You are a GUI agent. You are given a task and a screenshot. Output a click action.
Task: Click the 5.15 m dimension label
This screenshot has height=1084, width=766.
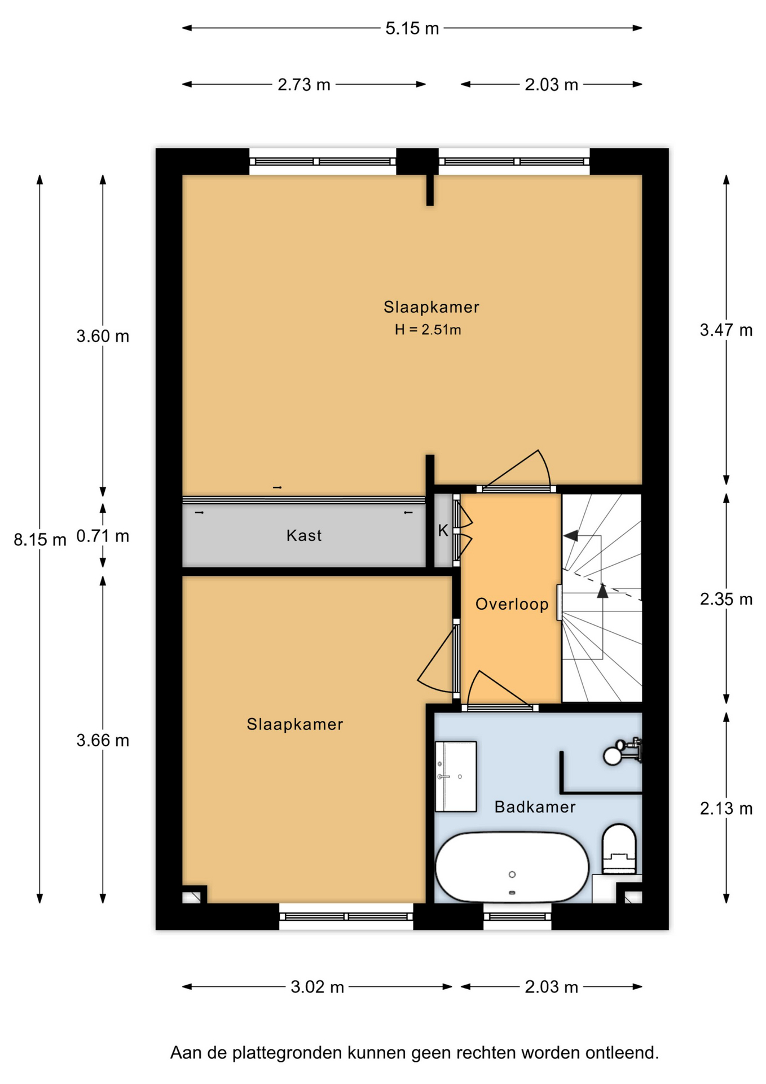pos(412,28)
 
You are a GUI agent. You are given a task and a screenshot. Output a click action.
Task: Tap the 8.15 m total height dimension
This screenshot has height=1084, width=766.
pos(39,540)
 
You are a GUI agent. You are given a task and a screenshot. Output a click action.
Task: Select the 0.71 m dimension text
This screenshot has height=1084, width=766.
pos(103,536)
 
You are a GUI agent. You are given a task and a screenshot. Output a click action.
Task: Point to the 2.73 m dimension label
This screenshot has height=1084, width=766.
pos(303,85)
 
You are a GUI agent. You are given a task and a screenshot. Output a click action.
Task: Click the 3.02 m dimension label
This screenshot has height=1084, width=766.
pos(317,987)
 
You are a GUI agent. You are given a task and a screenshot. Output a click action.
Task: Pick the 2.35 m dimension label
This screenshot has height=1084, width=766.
pos(726,599)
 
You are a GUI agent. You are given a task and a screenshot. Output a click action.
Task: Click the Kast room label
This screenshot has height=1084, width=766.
pos(304,535)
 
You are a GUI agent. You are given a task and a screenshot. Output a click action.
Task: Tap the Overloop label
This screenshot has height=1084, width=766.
pos(512,604)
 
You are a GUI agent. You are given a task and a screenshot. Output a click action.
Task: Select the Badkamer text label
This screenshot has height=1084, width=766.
pos(535,807)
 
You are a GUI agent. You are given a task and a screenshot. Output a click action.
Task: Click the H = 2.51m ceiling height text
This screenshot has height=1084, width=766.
pos(428,330)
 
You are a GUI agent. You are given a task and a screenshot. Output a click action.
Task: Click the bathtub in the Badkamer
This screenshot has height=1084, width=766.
pos(512,867)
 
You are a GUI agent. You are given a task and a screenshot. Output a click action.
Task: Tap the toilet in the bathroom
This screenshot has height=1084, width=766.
pos(619,849)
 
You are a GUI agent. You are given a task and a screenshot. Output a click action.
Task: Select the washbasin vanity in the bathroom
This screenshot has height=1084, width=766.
pos(456,776)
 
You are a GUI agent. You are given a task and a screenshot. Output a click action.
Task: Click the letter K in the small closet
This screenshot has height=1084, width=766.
pos(443,530)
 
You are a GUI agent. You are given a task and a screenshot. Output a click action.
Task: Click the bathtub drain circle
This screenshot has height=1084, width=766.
pos(512,875)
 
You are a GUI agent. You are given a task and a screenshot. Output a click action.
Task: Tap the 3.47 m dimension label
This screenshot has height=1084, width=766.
pos(726,330)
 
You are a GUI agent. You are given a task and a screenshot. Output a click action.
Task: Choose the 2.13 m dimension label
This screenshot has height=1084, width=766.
pos(726,809)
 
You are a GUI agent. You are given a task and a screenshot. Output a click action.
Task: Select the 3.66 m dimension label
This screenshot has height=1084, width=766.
pos(103,740)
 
